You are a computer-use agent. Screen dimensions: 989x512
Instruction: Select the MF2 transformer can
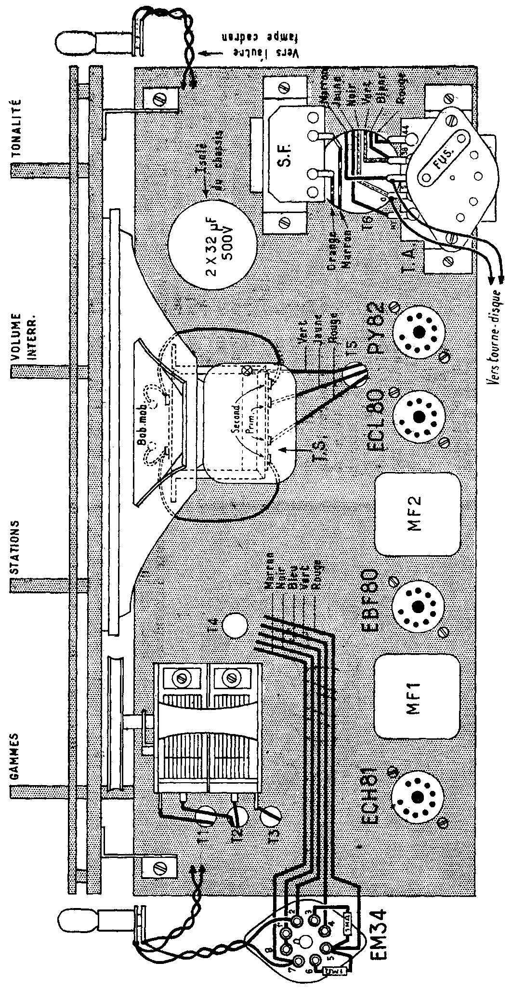(417, 514)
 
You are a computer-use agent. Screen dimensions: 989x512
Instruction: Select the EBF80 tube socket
(417, 605)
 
